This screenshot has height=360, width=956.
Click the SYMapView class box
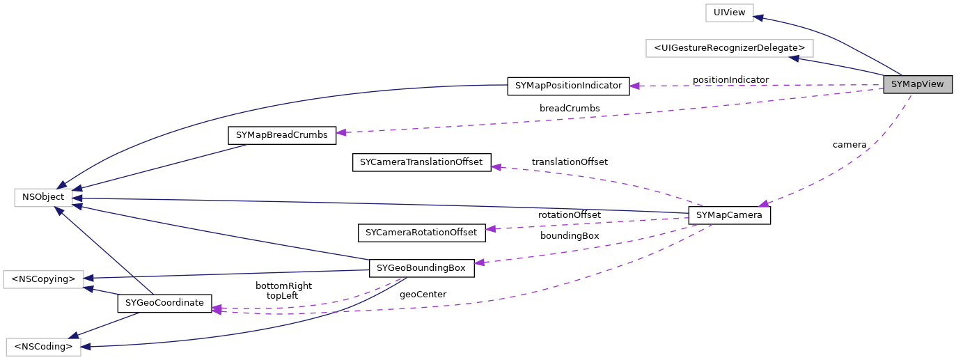tap(917, 85)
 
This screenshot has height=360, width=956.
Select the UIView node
tap(730, 13)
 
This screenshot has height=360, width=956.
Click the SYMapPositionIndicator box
tap(568, 86)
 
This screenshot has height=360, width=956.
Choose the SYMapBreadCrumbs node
tap(282, 135)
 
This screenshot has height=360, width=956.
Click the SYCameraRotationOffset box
tap(421, 232)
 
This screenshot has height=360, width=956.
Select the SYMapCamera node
tap(729, 215)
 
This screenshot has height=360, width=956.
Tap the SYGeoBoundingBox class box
tap(421, 267)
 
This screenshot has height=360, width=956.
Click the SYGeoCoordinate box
tap(165, 303)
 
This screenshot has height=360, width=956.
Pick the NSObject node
tap(43, 197)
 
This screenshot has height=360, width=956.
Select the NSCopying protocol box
tap(43, 279)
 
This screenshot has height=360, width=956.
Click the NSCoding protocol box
tap(43, 346)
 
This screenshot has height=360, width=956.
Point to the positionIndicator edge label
tap(730, 80)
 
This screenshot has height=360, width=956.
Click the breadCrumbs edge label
tap(570, 109)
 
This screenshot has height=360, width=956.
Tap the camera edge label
tap(849, 145)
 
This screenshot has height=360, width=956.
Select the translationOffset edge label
tap(570, 162)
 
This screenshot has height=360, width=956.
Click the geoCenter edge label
tap(423, 295)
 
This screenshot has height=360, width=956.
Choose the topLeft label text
tap(282, 296)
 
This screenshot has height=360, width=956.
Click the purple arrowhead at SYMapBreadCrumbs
tap(342, 132)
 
